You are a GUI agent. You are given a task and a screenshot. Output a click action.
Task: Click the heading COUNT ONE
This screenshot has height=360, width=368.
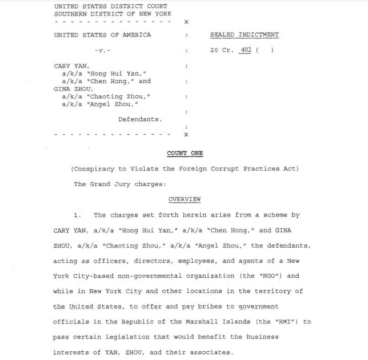point(185,154)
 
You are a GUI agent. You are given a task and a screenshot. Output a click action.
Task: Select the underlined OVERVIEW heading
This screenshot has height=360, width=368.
point(184,200)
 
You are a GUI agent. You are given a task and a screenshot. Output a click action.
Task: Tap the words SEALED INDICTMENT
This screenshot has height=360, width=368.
point(244,35)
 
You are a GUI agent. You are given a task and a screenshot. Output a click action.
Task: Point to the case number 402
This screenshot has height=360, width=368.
point(246,50)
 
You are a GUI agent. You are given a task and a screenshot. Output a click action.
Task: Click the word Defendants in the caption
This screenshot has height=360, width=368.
point(140,120)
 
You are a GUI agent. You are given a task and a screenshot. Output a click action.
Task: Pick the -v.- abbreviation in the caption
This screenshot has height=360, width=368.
point(102,51)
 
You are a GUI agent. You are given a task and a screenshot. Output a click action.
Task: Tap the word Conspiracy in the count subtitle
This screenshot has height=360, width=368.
point(94,169)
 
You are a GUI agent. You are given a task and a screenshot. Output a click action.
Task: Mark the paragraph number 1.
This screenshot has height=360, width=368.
point(77,215)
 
